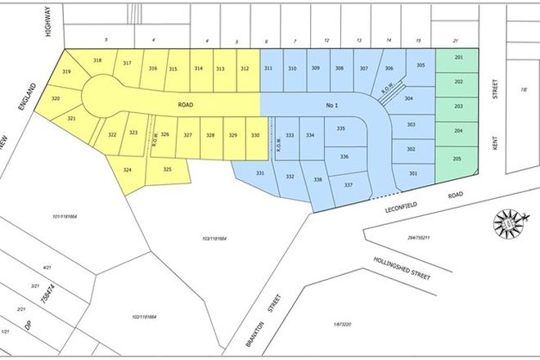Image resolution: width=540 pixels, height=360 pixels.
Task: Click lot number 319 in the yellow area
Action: (x=66, y=73)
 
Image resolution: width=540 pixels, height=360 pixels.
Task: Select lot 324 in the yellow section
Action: (x=127, y=169)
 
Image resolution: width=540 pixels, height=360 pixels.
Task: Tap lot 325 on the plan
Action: (x=167, y=169)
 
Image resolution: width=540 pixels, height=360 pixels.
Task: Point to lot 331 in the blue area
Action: (x=260, y=173)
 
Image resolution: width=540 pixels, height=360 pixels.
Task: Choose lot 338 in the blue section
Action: (x=318, y=180)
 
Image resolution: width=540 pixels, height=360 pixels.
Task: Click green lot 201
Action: (x=458, y=58)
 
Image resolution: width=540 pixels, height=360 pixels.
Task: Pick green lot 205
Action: (x=458, y=159)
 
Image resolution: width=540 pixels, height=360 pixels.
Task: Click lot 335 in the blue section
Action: (x=341, y=128)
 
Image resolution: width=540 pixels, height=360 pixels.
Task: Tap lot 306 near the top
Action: (x=389, y=69)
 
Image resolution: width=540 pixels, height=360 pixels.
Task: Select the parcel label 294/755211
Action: (x=417, y=238)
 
